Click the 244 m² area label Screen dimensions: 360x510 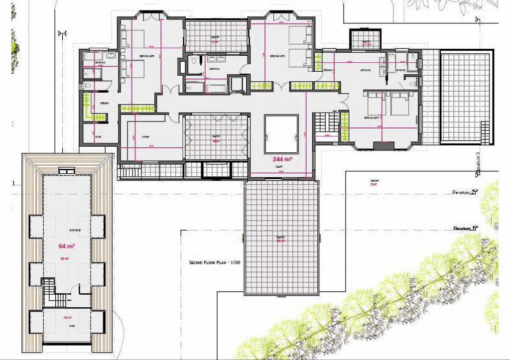[x=281, y=160]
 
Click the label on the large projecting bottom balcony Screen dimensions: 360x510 [x=281, y=240]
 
